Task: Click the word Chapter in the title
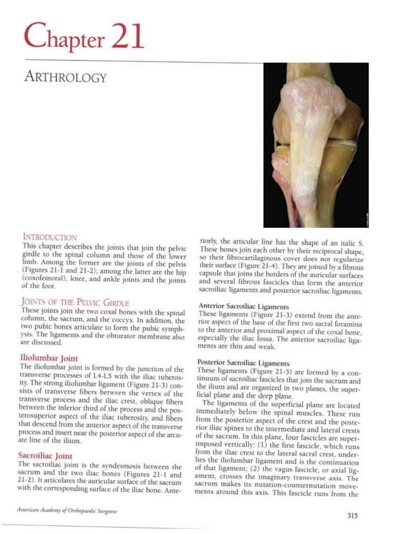(x=61, y=38)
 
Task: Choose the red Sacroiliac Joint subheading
(x=45, y=456)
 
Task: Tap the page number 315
(x=352, y=516)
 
